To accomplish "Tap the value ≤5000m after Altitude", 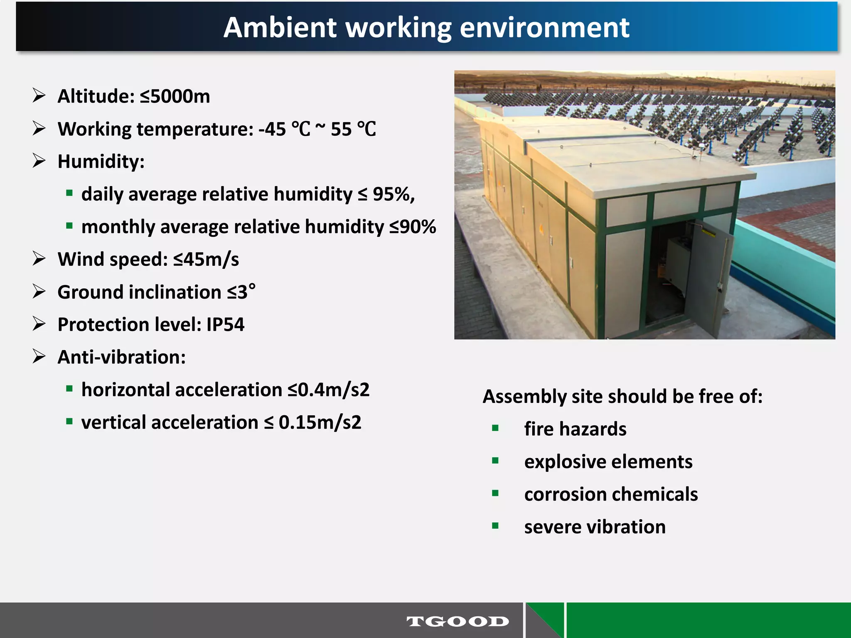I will (175, 96).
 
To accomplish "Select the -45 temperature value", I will (272, 129).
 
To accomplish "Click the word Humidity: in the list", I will (101, 162).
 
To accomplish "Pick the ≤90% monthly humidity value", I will (413, 227).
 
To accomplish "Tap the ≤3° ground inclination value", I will (241, 292).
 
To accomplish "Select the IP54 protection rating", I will (225, 324).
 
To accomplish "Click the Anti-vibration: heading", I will (121, 357).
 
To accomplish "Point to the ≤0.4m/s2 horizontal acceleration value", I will (328, 390).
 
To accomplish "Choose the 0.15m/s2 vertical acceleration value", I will (320, 422).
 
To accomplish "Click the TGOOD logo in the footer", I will (457, 621).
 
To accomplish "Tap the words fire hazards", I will (575, 429).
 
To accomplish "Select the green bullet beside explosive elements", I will (495, 461).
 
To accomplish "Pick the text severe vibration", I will (595, 527).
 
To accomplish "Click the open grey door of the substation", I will (706, 282).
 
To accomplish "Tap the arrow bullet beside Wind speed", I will (39, 259).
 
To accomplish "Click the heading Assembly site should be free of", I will (622, 397).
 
